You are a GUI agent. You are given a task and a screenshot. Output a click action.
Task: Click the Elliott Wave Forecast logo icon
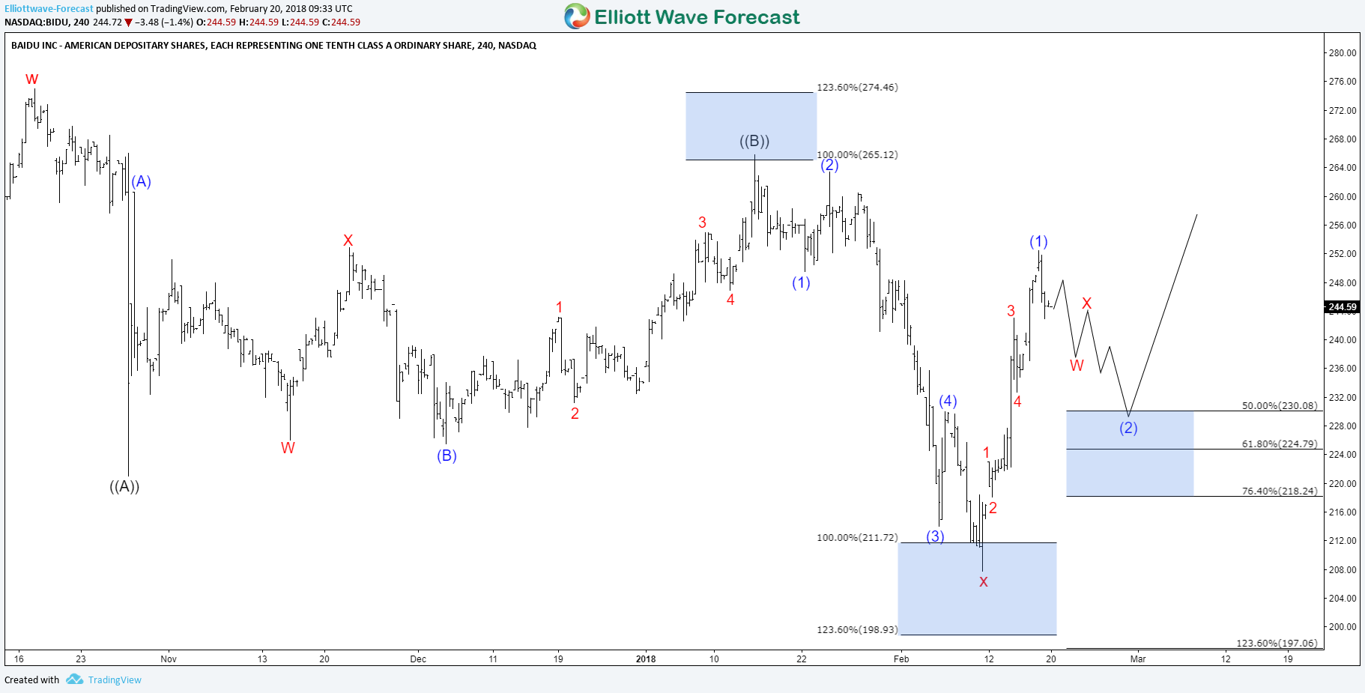pos(577,16)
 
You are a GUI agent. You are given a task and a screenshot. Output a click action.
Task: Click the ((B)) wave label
pos(754,141)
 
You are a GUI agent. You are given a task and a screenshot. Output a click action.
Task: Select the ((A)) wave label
pos(124,486)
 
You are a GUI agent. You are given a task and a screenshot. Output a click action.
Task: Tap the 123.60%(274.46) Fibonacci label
pos(857,88)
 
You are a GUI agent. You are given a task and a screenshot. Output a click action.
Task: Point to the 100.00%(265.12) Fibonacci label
pos(857,155)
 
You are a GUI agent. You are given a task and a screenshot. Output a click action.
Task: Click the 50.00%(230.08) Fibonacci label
pos(1279,406)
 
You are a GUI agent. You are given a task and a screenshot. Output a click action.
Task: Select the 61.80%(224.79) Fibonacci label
pos(1279,444)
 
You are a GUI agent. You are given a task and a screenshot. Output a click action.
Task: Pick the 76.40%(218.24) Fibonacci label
pos(1279,491)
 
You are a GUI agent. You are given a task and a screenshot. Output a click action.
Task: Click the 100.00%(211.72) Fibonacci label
pos(857,538)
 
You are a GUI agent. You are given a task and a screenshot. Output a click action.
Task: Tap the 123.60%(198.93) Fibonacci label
pos(857,630)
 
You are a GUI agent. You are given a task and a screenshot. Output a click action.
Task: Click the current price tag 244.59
pos(1342,307)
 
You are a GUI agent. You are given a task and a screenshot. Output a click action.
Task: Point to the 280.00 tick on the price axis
pos(1342,53)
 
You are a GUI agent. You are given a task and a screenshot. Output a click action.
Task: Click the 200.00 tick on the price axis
pos(1342,627)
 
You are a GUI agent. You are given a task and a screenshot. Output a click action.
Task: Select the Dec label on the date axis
pos(418,659)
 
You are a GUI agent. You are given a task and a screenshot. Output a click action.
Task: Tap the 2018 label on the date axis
pos(645,659)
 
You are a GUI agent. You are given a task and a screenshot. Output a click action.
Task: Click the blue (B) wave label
pos(447,456)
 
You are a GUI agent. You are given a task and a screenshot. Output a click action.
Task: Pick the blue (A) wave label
pos(142,181)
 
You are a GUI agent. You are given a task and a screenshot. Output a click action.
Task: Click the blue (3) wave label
pos(935,536)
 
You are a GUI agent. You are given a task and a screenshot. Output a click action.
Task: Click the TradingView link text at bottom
pos(115,680)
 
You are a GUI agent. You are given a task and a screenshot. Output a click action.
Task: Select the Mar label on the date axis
pos(1138,659)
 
